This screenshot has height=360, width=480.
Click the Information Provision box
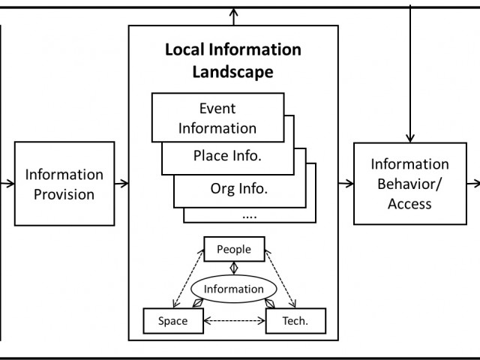coord(64,184)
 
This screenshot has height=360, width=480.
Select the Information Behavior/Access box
coord(409,183)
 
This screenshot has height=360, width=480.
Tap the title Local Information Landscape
coord(232,61)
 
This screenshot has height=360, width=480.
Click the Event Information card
coord(217,118)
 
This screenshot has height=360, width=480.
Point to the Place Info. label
coord(228,157)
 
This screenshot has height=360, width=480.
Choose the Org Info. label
coord(239,188)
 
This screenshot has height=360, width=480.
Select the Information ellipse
coord(234,288)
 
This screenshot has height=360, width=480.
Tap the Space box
coord(173,322)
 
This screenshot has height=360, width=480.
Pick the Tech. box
coord(295,322)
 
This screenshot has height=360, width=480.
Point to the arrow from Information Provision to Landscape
coord(121,182)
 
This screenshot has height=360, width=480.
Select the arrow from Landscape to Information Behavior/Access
coord(346,182)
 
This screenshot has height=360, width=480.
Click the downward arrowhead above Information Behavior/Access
coord(410,136)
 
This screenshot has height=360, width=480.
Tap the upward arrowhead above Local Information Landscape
coord(234,13)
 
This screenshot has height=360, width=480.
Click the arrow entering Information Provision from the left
coord(7,182)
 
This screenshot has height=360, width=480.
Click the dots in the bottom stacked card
coord(249,214)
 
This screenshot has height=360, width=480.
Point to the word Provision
coord(64,194)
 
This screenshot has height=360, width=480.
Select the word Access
coord(409,202)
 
